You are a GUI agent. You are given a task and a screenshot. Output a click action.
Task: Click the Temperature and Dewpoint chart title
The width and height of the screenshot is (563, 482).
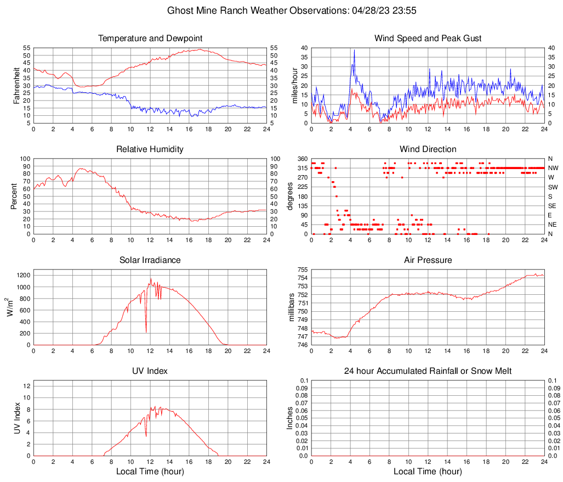pyautogui.click(x=150, y=38)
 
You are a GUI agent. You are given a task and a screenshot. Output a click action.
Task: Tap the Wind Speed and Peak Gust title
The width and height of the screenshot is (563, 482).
pyautogui.click(x=428, y=38)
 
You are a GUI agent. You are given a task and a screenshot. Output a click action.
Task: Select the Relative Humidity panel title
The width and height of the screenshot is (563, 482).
pyautogui.click(x=150, y=149)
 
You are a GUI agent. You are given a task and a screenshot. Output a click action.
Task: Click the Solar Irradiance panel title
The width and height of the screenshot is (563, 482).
pyautogui.click(x=150, y=260)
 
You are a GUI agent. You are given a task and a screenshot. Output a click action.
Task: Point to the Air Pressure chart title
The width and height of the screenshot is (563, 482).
pyautogui.click(x=428, y=260)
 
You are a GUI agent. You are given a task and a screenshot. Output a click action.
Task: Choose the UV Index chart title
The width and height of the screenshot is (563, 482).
pyautogui.click(x=150, y=371)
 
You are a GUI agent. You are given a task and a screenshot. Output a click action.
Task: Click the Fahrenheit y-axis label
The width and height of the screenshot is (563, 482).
pyautogui.click(x=17, y=85)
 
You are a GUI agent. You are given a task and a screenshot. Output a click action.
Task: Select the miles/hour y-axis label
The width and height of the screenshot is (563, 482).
pyautogui.click(x=295, y=85)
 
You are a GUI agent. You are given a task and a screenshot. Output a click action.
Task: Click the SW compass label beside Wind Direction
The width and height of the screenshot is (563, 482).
pyautogui.click(x=553, y=187)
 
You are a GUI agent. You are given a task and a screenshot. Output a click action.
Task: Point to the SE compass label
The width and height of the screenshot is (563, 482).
pyautogui.click(x=553, y=206)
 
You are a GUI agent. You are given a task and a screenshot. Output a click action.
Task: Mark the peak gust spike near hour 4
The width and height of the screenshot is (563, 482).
pyautogui.click(x=354, y=51)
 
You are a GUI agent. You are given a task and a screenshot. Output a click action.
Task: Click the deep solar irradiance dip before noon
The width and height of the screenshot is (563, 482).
pyautogui.click(x=146, y=331)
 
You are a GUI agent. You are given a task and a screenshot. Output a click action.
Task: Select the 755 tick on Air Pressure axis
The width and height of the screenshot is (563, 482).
pyautogui.click(x=302, y=270)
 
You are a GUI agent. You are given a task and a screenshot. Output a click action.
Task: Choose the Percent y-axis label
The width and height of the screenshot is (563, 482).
pyautogui.click(x=14, y=196)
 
